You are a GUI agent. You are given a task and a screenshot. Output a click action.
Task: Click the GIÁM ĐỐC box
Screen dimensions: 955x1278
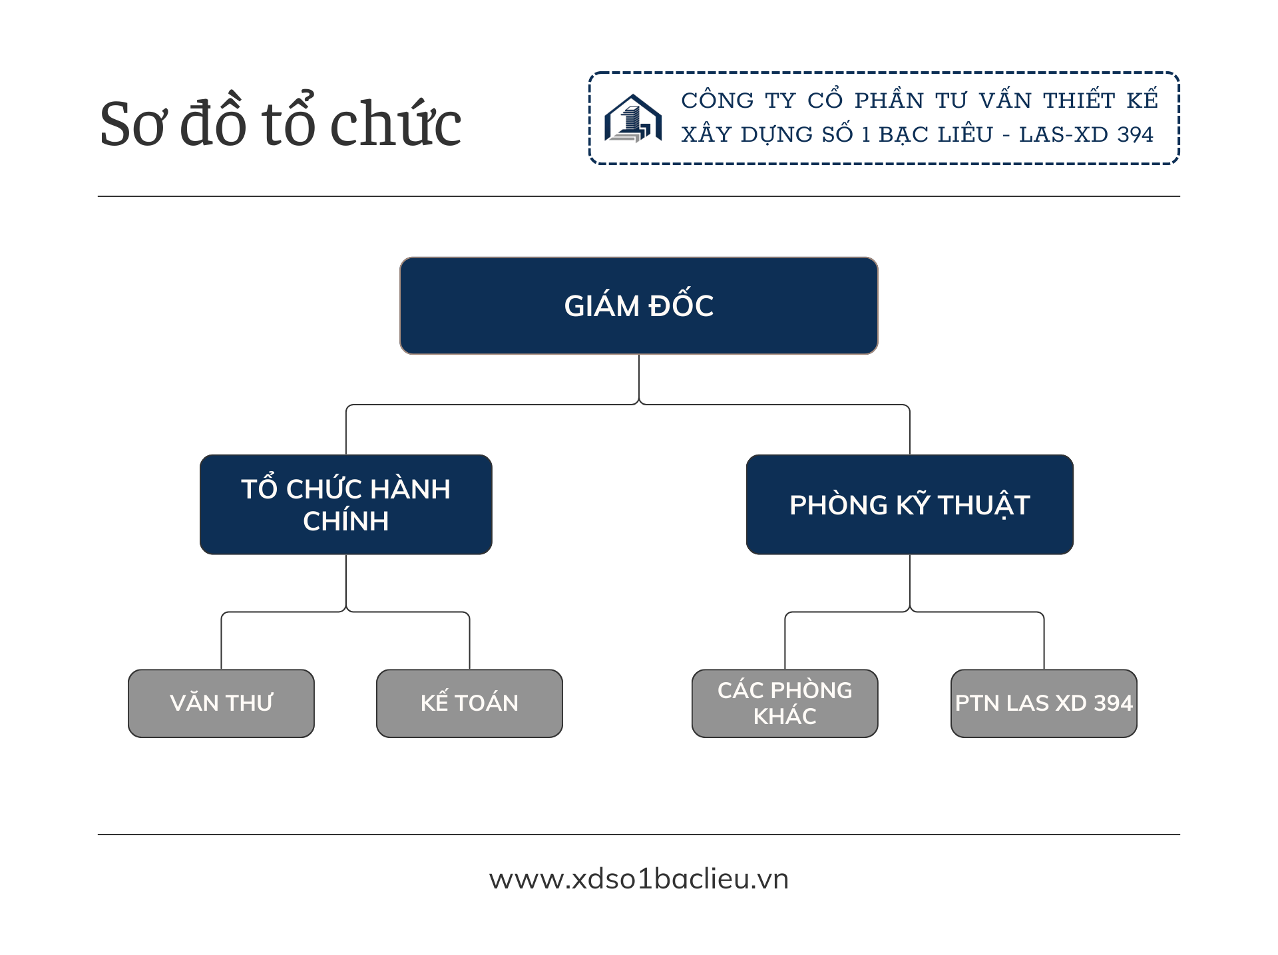638,305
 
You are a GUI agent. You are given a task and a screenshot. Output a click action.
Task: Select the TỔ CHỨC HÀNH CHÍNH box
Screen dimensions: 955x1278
345,504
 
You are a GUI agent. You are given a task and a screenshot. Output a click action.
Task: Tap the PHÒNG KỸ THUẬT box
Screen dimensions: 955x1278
909,504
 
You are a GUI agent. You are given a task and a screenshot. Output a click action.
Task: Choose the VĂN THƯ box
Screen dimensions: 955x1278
221,703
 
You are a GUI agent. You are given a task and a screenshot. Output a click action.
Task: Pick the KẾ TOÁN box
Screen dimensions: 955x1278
469,703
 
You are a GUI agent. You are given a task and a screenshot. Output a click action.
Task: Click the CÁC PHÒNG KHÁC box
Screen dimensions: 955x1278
785,703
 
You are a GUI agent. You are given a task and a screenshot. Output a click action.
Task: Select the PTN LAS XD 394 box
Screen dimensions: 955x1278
1044,703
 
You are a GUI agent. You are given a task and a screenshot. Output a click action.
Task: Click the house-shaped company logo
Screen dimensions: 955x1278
632,118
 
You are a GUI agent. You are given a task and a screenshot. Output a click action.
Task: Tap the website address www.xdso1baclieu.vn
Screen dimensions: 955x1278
638,878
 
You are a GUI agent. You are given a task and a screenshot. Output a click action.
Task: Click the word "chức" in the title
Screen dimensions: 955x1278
395,124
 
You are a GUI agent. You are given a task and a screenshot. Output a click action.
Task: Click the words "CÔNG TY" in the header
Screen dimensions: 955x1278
738,100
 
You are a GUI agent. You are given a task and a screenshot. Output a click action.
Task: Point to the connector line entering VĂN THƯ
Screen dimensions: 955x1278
221,642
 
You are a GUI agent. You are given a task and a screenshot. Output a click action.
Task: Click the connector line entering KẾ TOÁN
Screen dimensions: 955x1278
469,642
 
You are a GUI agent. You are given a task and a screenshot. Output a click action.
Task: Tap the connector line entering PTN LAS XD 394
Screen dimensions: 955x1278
1044,642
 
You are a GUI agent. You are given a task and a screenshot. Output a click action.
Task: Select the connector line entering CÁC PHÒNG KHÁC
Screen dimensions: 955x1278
785,642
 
